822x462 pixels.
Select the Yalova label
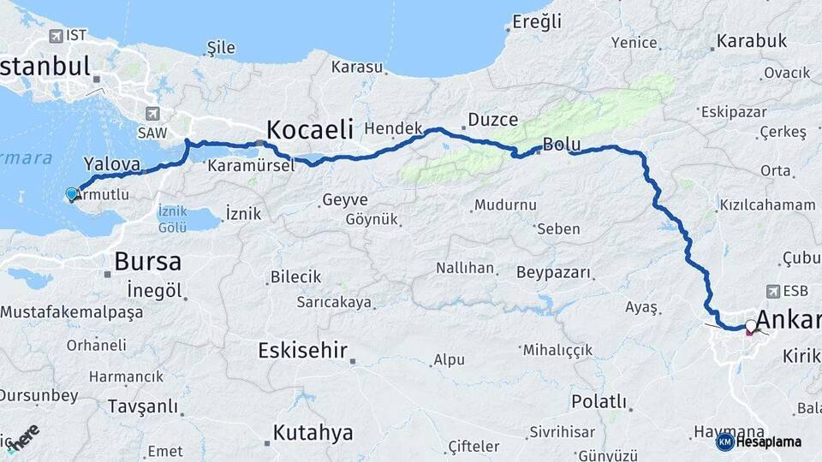point(111,163)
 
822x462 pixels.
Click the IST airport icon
point(57,36)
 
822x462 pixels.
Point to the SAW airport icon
point(153,112)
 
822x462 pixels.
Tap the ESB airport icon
point(775,291)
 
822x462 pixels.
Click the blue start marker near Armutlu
point(71,195)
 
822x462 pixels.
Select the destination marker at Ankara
point(751,327)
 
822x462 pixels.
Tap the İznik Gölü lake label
point(172,218)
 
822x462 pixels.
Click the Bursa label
point(147,261)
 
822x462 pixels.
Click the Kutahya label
point(313,432)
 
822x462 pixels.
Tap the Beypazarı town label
point(554,272)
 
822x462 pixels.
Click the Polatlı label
point(599,401)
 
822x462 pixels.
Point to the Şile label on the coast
point(221,48)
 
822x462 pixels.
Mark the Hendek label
point(394,127)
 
